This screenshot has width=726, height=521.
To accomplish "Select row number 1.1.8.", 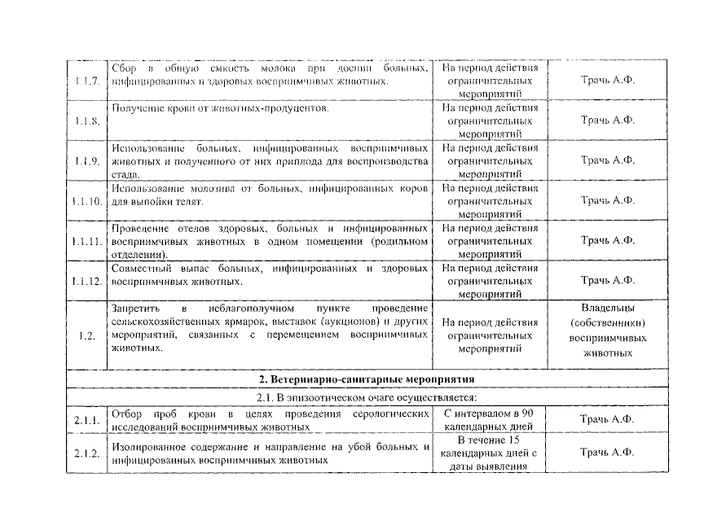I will [86, 121].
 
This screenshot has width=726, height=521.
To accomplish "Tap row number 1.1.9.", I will [86, 160].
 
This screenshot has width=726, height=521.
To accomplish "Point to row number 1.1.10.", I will [86, 200].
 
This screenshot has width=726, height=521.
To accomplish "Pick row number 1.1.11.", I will [86, 241].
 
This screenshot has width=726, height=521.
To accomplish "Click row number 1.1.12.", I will [86, 281].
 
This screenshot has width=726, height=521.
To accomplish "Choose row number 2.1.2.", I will [86, 453].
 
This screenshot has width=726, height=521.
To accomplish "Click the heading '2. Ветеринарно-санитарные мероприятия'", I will [362, 379].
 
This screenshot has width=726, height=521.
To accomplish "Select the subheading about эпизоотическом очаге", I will [362, 398].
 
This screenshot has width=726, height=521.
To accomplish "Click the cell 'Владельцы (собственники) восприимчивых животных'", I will [607, 331].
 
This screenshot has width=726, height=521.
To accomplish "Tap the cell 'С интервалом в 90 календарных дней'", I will [489, 419].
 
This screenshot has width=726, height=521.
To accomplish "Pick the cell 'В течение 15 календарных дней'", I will [489, 453].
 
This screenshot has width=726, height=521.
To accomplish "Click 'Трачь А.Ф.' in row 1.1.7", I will [607, 81].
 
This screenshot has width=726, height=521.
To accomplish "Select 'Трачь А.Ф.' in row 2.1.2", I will [607, 453].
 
